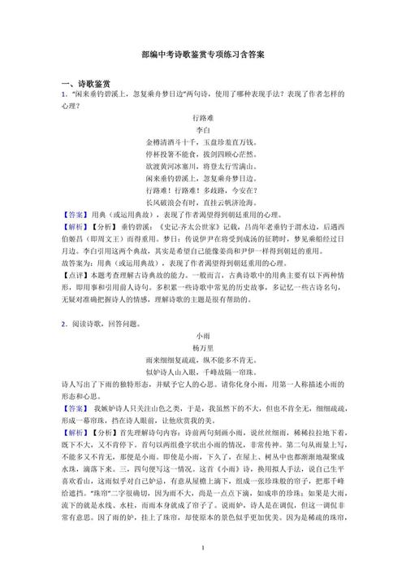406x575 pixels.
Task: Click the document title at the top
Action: click(x=202, y=54)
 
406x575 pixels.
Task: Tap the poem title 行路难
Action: click(x=202, y=118)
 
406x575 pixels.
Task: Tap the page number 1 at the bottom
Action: click(x=202, y=550)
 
